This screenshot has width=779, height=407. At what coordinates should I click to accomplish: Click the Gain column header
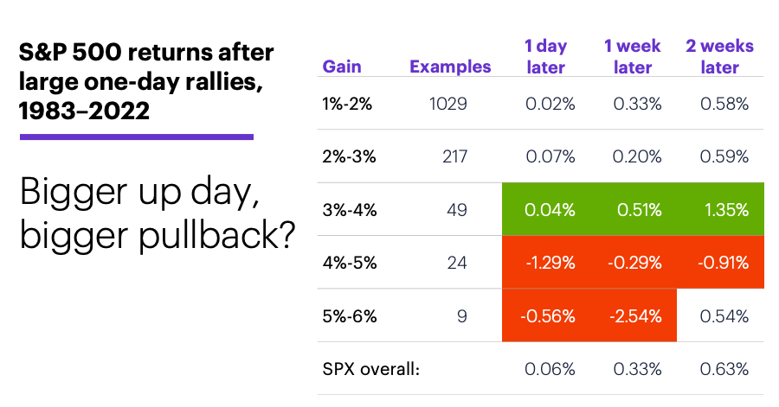pos(342,67)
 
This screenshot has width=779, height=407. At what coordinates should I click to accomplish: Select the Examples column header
pos(450,67)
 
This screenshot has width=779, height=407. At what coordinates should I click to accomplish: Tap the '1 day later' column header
pos(545,56)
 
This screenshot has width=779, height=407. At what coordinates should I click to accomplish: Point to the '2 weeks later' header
pos(719,56)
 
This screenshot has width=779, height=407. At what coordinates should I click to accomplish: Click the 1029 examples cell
pos(448,104)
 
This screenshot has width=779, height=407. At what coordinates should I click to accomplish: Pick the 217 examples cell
pos(454,156)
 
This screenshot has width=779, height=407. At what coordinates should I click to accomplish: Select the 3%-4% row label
pos(350,210)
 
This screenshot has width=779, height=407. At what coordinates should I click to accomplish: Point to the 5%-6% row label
pos(350,315)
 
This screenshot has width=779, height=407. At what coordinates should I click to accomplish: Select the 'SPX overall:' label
pos(371,369)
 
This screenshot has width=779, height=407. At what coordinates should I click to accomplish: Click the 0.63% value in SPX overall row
pos(724,369)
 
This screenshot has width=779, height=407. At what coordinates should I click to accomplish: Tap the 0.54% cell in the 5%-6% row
pos(724,315)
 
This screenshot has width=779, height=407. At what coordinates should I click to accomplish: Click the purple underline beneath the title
pos(137,137)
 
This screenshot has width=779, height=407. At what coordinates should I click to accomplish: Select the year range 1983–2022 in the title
pos(84,110)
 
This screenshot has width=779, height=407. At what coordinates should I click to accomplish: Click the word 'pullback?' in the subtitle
pos(216,235)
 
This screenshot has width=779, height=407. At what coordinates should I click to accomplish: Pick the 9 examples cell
pos(462,315)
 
